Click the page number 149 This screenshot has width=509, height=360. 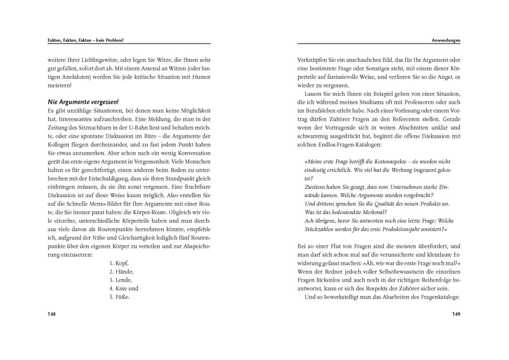[456, 314]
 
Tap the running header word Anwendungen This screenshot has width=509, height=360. [446, 40]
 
